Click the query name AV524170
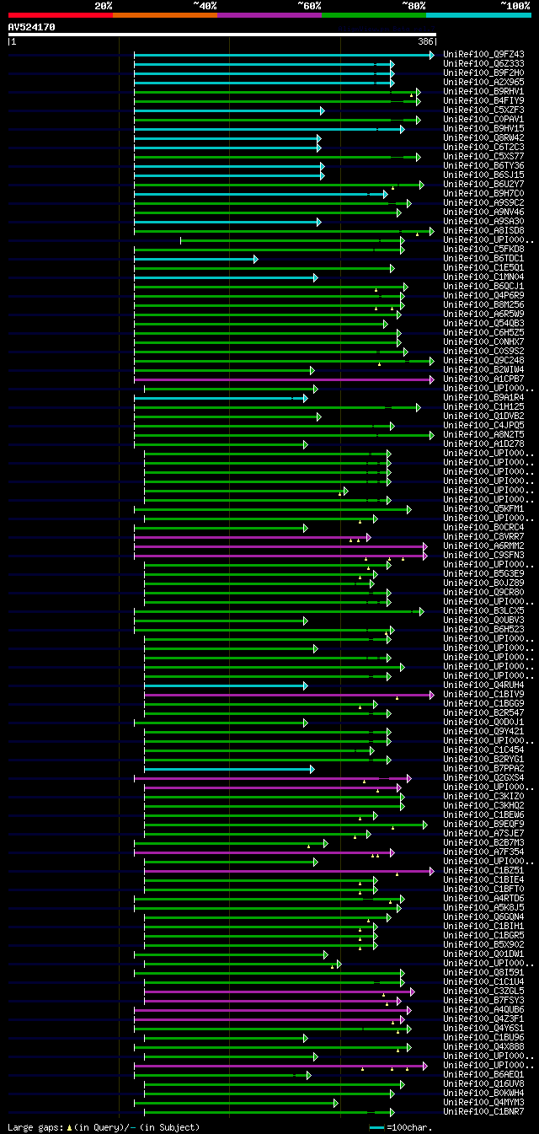[31, 27]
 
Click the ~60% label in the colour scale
[309, 6]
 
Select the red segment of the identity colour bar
[60, 14]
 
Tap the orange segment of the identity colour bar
[164, 14]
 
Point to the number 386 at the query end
[425, 41]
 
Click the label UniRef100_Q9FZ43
[483, 55]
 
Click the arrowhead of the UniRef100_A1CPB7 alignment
[431, 379]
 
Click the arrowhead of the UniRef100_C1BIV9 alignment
[431, 695]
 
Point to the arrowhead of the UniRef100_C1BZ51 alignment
[431, 871]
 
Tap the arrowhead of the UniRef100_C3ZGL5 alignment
[412, 992]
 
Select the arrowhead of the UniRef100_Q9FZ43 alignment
[431, 55]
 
